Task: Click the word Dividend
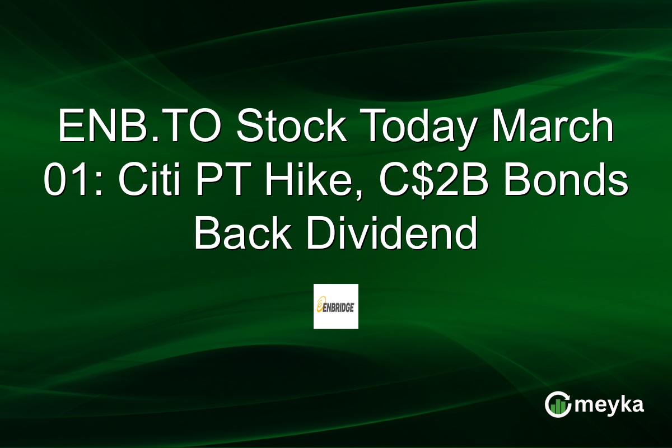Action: (392, 236)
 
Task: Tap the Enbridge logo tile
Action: (335, 306)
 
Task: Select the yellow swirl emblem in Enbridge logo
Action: (320, 306)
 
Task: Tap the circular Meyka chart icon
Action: (558, 405)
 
